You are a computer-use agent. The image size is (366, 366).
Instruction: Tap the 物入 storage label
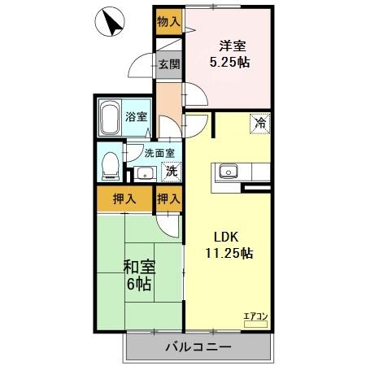[168, 21]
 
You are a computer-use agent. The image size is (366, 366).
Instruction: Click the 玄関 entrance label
[168, 65]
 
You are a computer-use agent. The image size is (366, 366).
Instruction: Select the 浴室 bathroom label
[137, 117]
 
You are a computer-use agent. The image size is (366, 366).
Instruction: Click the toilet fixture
[108, 166]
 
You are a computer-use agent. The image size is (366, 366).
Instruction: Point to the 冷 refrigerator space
[260, 124]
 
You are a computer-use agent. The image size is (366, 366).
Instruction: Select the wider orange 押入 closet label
[123, 198]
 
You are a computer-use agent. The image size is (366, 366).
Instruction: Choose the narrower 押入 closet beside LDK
[168, 198]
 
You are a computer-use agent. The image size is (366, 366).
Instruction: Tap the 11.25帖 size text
[228, 253]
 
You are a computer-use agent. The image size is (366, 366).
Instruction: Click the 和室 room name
[139, 266]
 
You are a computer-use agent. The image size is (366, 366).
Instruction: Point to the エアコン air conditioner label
[255, 316]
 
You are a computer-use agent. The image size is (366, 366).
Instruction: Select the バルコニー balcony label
[198, 346]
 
